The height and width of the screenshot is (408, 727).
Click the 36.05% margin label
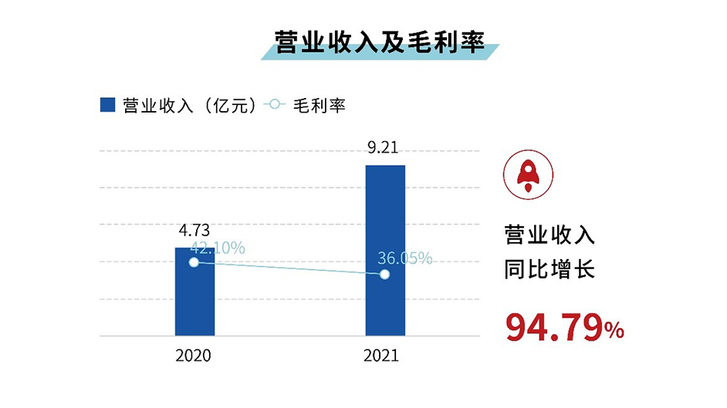[x=404, y=258]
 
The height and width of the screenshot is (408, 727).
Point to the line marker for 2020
[x=194, y=262]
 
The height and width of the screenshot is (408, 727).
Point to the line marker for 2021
[x=385, y=275]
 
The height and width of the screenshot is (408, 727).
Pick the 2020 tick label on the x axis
[x=194, y=356]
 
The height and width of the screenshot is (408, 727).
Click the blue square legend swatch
[x=107, y=105]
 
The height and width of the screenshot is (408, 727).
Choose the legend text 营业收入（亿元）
[x=189, y=106]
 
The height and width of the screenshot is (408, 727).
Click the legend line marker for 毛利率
[x=275, y=105]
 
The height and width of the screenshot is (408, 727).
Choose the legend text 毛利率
[x=319, y=106]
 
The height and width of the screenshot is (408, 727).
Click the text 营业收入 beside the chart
[x=549, y=235]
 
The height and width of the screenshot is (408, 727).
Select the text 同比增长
[x=549, y=271]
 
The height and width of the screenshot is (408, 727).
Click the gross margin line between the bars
[x=289, y=268]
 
